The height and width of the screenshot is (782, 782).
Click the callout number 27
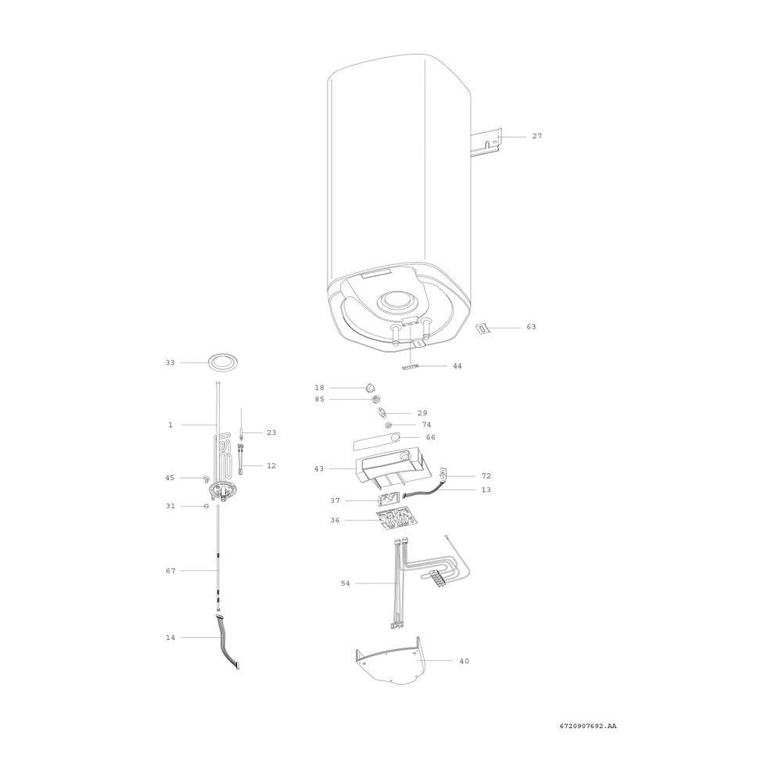536,135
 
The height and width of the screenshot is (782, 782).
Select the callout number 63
531,327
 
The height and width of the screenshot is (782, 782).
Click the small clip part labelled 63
482,328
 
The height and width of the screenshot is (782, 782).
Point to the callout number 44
457,366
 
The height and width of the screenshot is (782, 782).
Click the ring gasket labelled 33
222,363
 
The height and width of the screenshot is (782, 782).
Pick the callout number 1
170,425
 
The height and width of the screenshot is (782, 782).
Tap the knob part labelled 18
370,387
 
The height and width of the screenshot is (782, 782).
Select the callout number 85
319,399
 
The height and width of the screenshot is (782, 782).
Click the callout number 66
430,437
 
